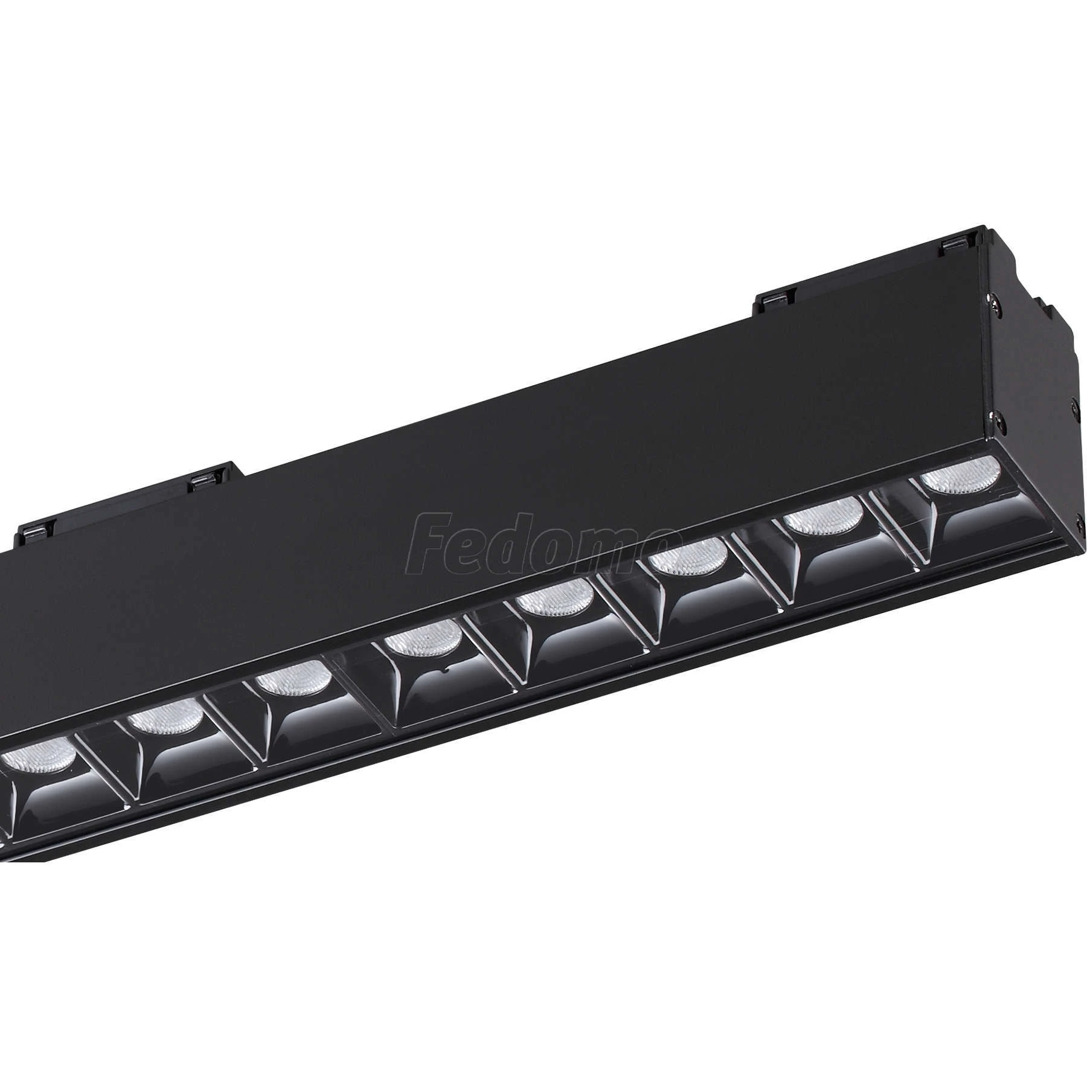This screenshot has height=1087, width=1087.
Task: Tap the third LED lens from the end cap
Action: [x=688, y=555]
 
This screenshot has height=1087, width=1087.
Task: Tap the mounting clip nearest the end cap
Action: [x=960, y=240]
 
